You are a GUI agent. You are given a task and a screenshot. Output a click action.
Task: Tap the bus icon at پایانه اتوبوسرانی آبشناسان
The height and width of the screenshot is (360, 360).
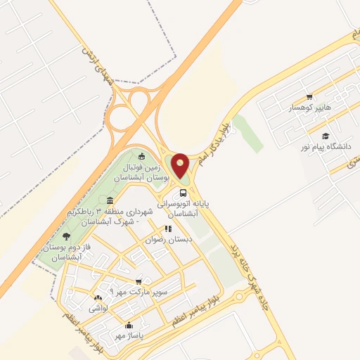pos(183,193)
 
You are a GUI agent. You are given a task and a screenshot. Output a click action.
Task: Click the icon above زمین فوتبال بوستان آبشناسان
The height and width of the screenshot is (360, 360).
pos(143,156)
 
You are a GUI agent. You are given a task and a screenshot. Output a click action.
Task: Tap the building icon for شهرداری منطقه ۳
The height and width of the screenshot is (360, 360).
pos(110,202)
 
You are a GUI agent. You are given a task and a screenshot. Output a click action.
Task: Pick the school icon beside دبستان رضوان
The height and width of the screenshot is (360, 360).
pos(167,229)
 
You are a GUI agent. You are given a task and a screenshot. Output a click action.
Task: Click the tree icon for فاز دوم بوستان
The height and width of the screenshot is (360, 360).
pos(67,236)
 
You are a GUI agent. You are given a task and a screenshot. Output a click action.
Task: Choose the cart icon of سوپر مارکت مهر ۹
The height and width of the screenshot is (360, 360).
pos(139,280)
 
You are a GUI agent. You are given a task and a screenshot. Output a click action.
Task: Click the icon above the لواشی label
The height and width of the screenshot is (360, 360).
pos(98,298)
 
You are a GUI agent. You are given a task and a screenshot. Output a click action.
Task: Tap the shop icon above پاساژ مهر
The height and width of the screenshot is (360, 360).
pos(129,325)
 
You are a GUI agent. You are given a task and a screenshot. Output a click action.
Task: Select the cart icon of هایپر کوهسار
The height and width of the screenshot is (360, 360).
pos(310,98)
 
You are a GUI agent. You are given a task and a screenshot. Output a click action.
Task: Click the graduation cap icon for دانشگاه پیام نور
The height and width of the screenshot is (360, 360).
pos(325,136)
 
